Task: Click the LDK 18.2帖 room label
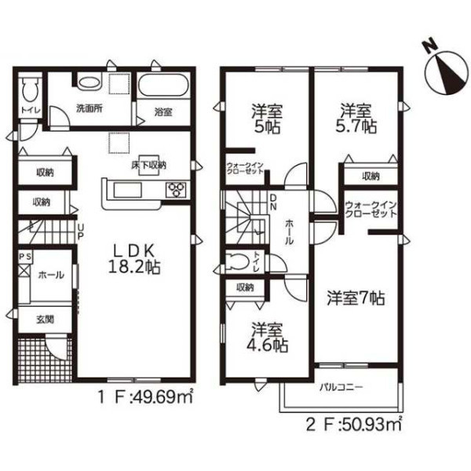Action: (x=134, y=259)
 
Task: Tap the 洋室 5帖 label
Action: (x=267, y=119)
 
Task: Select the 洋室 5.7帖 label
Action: (x=356, y=119)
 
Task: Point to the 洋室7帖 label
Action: (x=356, y=298)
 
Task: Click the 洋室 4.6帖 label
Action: (x=267, y=337)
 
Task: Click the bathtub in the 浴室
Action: (x=163, y=86)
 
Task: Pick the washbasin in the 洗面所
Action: (x=89, y=82)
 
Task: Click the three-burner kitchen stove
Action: (x=176, y=190)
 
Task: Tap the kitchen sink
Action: (x=127, y=190)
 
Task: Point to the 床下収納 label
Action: (x=148, y=165)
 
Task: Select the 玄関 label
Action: (x=46, y=319)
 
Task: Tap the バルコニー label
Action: (x=341, y=386)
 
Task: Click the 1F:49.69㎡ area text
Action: (x=144, y=398)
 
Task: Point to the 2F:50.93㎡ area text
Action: (x=354, y=424)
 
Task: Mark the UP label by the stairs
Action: (x=80, y=232)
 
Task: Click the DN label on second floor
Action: (x=273, y=202)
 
